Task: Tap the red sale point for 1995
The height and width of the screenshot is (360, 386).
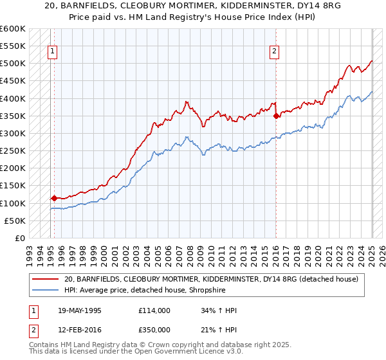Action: click(54, 198)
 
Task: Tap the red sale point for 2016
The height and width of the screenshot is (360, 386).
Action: click(276, 116)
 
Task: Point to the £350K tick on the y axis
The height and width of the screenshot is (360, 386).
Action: click(13, 116)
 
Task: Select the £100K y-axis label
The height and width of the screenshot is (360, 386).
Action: click(13, 203)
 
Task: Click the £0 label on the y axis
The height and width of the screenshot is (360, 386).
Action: click(20, 238)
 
